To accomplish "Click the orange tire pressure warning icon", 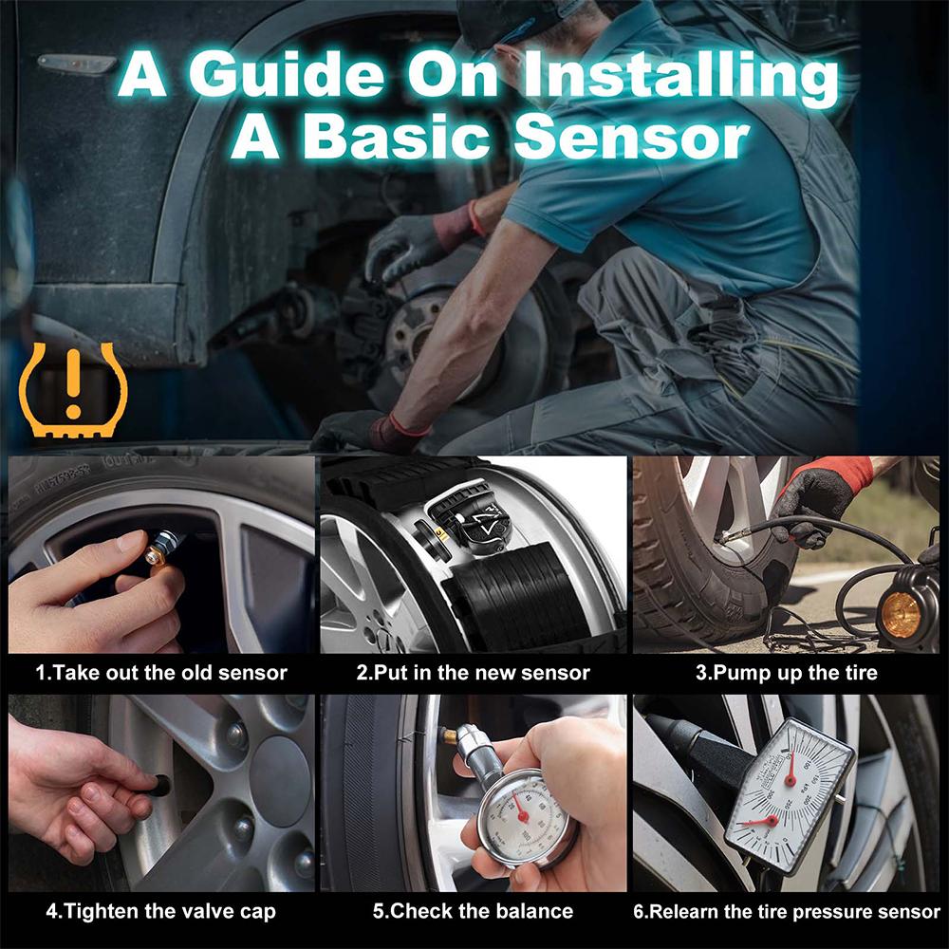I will click(72, 390).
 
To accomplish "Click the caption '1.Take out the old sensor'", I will click(161, 673).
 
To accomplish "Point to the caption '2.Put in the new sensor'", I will click(473, 673).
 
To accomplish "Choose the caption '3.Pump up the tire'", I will click(787, 673).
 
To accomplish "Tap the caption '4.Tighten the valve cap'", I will click(161, 912).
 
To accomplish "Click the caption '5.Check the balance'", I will click(473, 912).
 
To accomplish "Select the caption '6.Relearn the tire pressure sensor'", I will click(787, 912).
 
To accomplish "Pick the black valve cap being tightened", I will click(160, 785).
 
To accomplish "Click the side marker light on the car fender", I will click(76, 65).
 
